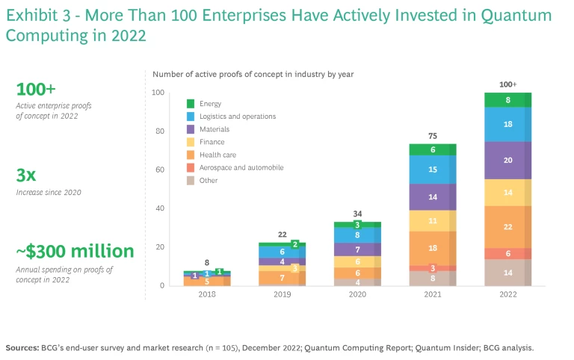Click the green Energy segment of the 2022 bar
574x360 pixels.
(508, 99)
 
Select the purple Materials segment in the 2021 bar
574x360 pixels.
(432, 197)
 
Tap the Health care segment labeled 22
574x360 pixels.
(508, 227)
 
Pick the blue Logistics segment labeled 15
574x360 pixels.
(432, 170)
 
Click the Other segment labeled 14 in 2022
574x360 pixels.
(508, 273)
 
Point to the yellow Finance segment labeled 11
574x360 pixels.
(432, 221)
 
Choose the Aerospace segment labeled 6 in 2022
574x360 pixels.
(508, 254)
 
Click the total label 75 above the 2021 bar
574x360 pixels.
(432, 135)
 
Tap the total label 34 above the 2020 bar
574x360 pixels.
(357, 214)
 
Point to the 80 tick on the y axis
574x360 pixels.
(158, 131)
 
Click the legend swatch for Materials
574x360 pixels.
(191, 129)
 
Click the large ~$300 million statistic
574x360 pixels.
(75, 252)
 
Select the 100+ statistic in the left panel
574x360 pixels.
(36, 89)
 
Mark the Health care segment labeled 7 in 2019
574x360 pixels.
(281, 278)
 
